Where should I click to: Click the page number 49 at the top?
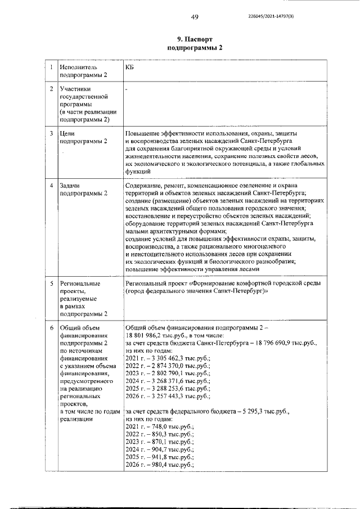point(195,16)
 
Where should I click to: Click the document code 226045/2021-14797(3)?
point(271,16)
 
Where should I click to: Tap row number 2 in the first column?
point(51,89)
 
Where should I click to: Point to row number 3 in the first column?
point(51,133)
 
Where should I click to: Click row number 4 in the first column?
point(51,185)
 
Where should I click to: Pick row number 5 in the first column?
point(51,283)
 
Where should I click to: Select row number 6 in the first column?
point(51,327)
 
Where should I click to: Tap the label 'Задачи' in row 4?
point(71,185)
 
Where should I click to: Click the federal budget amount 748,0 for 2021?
point(154,426)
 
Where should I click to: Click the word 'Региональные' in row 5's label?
point(80,283)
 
